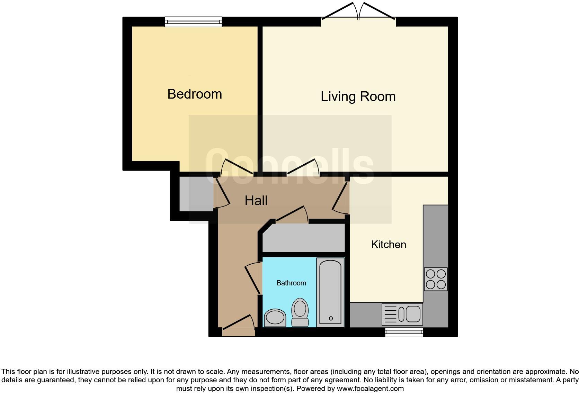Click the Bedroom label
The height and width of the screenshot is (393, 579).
(194, 94)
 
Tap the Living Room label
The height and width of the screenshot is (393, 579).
(358, 97)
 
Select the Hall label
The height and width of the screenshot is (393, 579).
(256, 201)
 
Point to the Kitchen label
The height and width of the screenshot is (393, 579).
(388, 245)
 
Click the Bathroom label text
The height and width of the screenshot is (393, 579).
(291, 283)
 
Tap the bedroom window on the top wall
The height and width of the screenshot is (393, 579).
(193, 22)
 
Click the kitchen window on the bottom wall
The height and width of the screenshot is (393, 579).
(404, 332)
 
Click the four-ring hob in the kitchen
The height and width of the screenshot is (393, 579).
(436, 279)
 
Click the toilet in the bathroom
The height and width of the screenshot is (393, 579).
(300, 312)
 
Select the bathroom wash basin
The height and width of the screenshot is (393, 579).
(275, 318)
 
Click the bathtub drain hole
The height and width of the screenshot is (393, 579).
(331, 318)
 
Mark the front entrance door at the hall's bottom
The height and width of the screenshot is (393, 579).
(238, 325)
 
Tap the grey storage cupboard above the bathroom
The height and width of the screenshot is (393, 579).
(304, 238)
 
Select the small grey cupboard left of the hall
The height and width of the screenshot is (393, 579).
(196, 194)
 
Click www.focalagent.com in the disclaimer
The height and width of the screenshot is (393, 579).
(370, 389)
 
